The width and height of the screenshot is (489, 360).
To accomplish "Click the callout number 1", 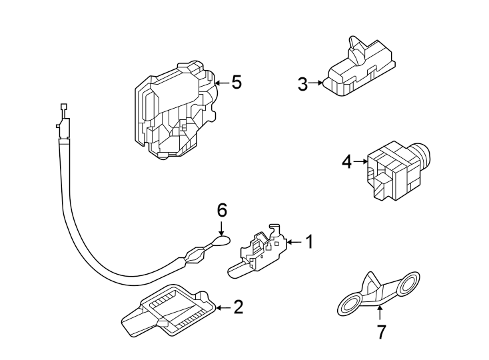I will (x=308, y=241).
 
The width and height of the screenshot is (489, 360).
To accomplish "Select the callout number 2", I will (x=238, y=307).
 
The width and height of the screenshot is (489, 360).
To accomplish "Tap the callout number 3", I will (x=302, y=84).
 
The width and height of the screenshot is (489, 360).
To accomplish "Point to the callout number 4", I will (x=346, y=161).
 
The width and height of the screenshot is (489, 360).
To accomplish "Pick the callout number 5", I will (x=236, y=83).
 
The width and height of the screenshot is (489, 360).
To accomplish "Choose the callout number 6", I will (x=222, y=211).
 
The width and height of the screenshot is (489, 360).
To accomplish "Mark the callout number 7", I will (x=381, y=331).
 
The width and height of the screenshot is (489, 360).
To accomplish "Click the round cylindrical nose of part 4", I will (x=422, y=155).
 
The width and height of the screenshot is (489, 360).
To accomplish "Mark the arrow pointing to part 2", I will (x=222, y=307).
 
